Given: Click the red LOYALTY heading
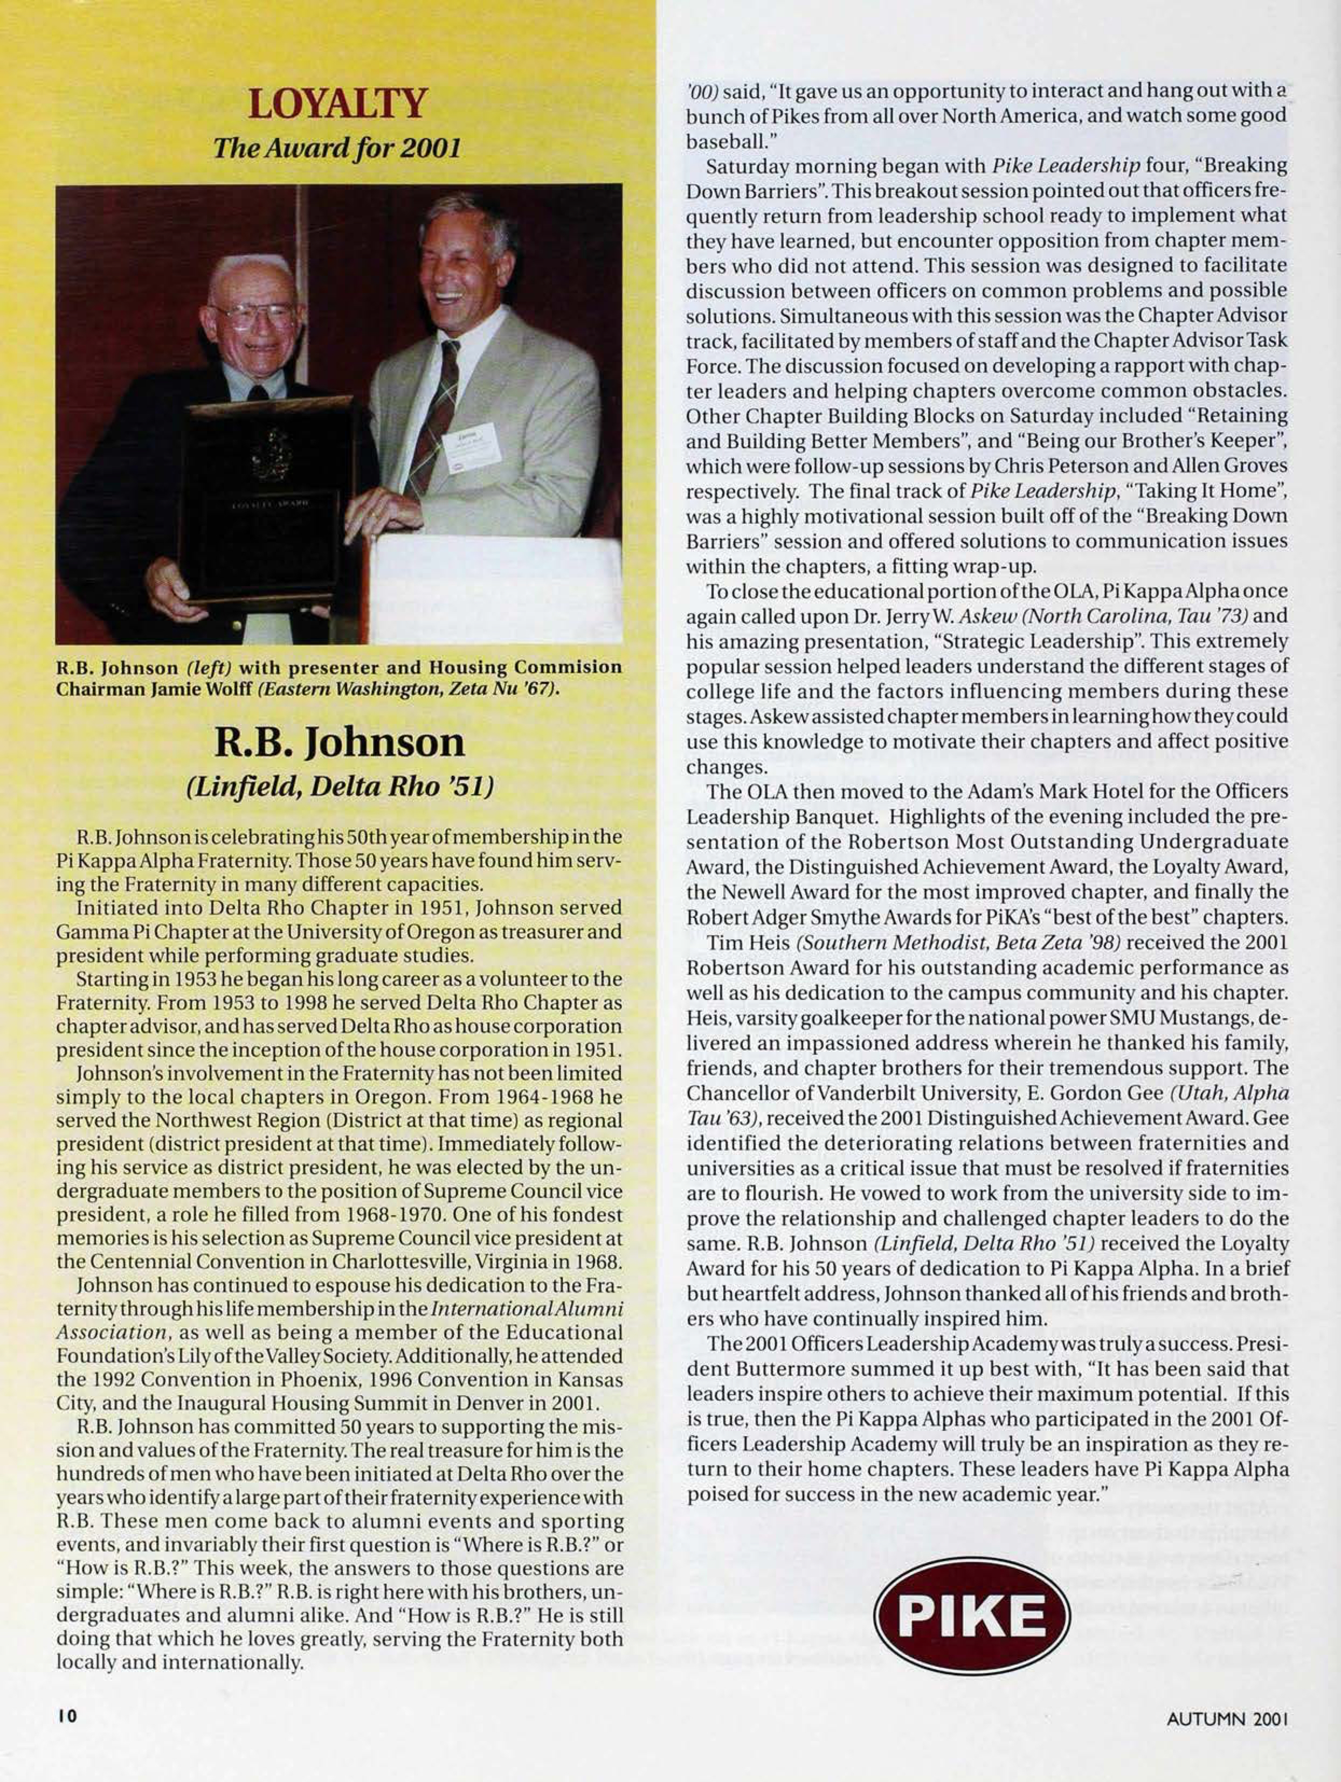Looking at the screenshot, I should [337, 105].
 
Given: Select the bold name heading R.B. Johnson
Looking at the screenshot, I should [338, 742].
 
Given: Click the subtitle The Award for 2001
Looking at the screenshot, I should [337, 149].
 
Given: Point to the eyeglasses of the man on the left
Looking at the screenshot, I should [252, 314].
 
